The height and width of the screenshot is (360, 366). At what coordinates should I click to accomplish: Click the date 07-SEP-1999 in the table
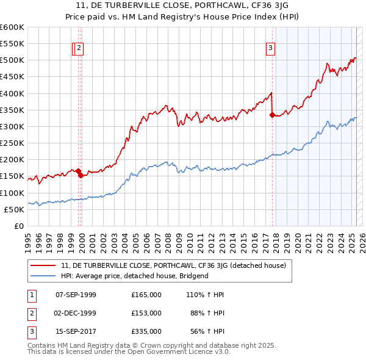pyautogui.click(x=76, y=295)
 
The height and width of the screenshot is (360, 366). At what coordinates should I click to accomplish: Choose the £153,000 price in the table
pyautogui.click(x=146, y=313)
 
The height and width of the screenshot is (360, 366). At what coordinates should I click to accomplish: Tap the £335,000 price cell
pyautogui.click(x=146, y=331)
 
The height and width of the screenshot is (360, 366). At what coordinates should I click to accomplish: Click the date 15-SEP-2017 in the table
pyautogui.click(x=76, y=331)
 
